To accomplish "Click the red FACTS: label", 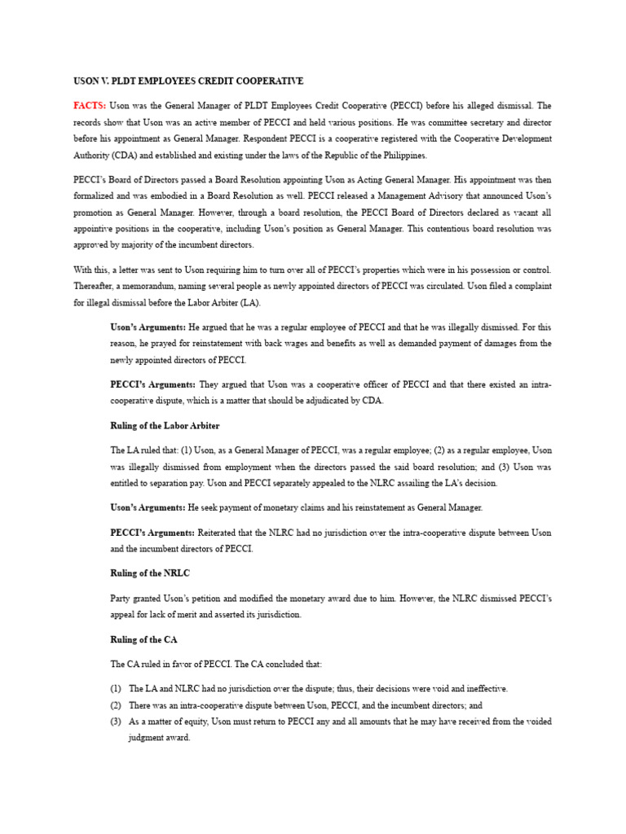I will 90,106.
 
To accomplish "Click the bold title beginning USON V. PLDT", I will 188,81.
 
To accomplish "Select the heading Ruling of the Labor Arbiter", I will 165,426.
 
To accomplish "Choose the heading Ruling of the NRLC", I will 150,574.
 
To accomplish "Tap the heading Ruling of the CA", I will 143,640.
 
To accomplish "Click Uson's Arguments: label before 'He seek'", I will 148,507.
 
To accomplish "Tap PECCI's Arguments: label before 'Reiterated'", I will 152,533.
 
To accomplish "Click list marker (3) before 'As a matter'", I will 116,722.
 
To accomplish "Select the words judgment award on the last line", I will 160,738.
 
